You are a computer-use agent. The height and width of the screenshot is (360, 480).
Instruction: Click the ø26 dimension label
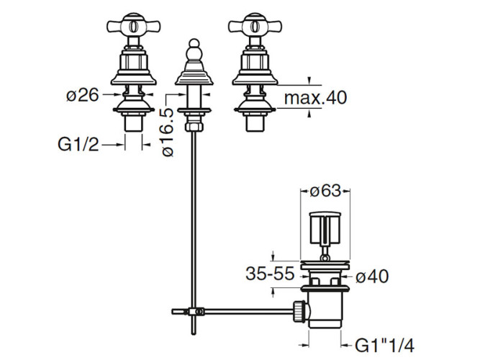pos(83,95)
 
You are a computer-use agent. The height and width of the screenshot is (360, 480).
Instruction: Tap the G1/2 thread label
pos(78,144)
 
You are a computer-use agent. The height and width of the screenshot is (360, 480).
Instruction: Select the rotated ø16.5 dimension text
pos(168,132)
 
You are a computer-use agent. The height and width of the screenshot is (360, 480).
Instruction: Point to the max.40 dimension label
pos(315,97)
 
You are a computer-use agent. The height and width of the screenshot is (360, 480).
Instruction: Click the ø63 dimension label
pos(325,192)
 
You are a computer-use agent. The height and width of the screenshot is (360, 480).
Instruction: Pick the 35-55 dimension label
pos(270,274)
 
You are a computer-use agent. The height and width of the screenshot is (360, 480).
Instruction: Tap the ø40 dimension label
pos(372,276)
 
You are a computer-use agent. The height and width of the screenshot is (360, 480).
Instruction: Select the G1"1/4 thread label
pos(384,346)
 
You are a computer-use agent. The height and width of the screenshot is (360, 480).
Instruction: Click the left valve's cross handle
pos(133,26)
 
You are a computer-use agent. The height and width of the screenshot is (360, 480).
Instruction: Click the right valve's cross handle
pos(255,26)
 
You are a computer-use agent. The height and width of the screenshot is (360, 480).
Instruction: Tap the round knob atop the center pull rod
pos(194,43)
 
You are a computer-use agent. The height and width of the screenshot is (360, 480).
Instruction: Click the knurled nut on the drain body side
pos(299,311)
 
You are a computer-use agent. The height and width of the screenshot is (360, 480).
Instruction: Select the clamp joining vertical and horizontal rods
pos(196,312)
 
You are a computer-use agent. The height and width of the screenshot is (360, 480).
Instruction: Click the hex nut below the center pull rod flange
pos(194,126)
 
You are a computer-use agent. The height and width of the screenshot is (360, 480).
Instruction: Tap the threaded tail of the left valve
pos(133,123)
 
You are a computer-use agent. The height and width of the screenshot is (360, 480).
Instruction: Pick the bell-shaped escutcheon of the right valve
pos(255,78)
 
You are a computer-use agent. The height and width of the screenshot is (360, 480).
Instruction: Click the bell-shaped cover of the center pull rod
pos(194,77)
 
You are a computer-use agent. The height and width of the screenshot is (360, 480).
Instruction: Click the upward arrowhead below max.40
pos(309,113)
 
